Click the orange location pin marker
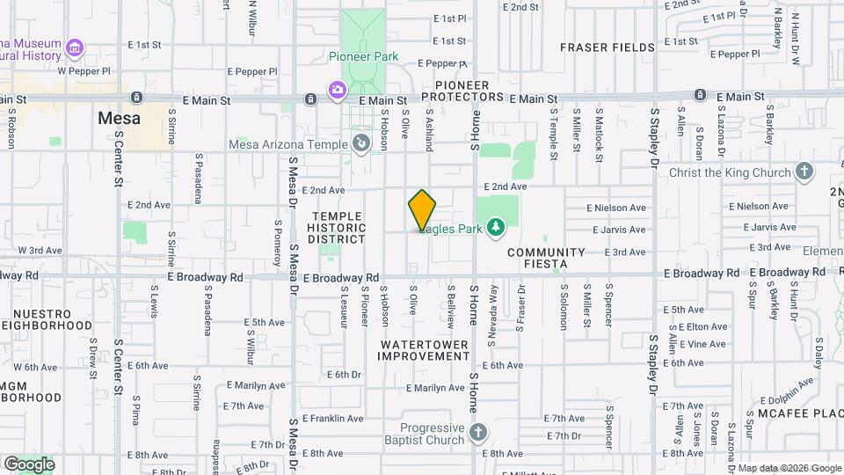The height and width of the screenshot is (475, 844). click(423, 209)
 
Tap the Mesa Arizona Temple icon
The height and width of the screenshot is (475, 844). click(360, 143)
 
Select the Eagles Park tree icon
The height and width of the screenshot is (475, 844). click(496, 229)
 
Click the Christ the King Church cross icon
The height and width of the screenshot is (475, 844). click(804, 172)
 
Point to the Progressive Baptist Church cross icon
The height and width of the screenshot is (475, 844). click(477, 432)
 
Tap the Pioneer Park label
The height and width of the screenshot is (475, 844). click(363, 56)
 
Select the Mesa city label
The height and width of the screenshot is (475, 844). click(118, 117)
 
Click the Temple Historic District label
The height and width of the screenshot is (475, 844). click(336, 228)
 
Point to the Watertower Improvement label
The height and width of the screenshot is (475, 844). click(424, 349)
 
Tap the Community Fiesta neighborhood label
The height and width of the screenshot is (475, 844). click(546, 257)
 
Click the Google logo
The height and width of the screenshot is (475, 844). click(29, 464)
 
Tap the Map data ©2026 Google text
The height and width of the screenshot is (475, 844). click(789, 468)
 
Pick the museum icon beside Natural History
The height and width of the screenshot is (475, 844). click(75, 47)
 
